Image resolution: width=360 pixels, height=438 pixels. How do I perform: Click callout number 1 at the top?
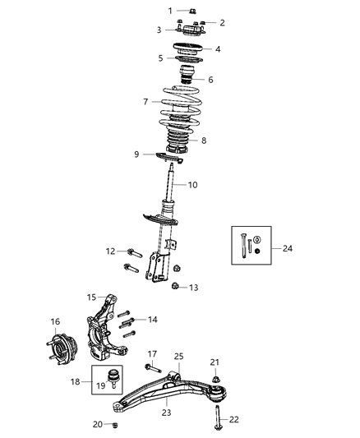tap(171, 11)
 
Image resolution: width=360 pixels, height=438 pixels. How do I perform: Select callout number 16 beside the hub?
tap(56, 321)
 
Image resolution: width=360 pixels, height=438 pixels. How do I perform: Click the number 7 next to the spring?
tap(145, 102)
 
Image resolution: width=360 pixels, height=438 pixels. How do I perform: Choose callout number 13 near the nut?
tap(194, 288)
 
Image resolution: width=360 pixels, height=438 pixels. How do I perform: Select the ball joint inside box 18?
tap(116, 379)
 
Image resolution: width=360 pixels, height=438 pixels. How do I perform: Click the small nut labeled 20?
tap(115, 425)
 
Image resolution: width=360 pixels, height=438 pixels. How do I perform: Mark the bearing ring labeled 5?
tap(190, 58)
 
